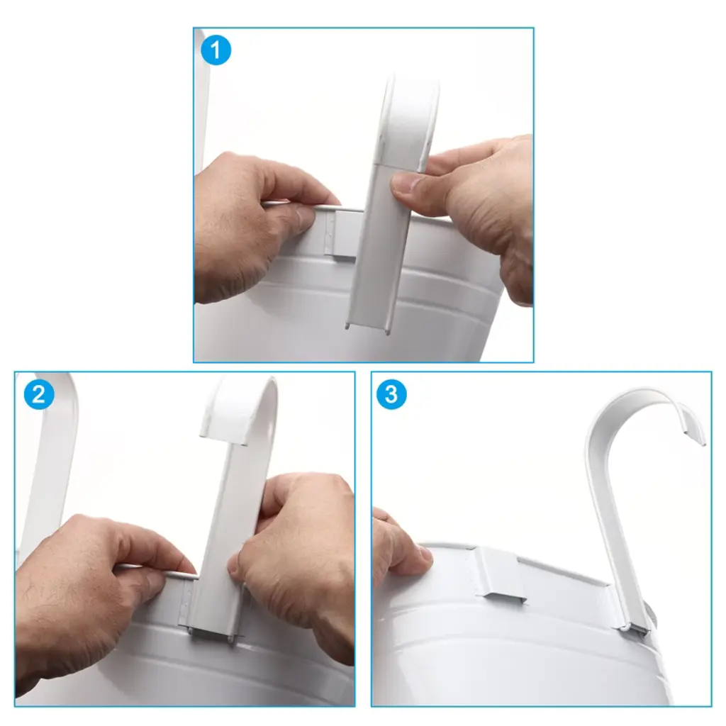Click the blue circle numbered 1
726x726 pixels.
click(x=216, y=50)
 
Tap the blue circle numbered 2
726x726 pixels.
click(x=39, y=394)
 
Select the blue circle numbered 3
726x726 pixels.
click(x=391, y=394)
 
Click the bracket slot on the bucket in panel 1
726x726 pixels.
click(x=345, y=233)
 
